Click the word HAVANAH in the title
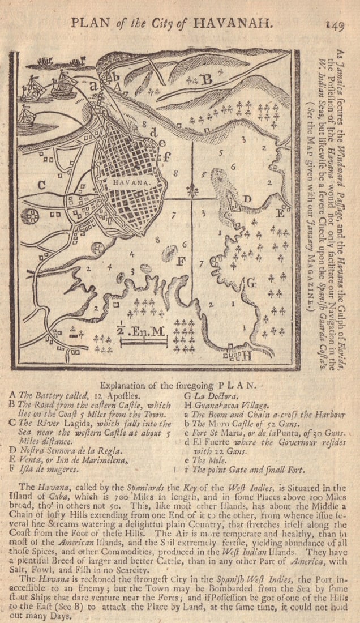(x=233, y=23)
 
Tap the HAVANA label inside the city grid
(x=131, y=183)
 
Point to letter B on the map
(x=207, y=80)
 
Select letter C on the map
(x=41, y=184)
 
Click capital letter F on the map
(x=181, y=262)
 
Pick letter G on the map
(x=251, y=281)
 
